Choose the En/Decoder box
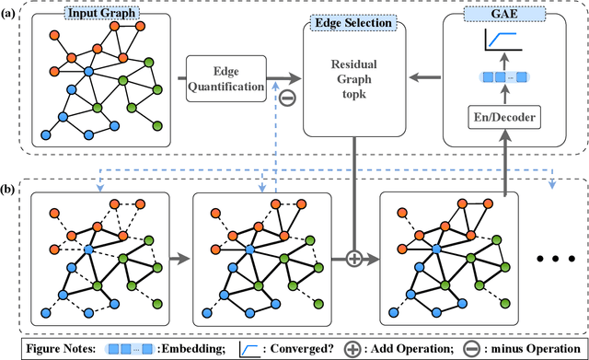[503, 119]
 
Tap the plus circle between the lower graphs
[353, 257]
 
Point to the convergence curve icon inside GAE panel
[502, 43]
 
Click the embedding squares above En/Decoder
[502, 79]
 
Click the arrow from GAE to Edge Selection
[423, 78]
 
